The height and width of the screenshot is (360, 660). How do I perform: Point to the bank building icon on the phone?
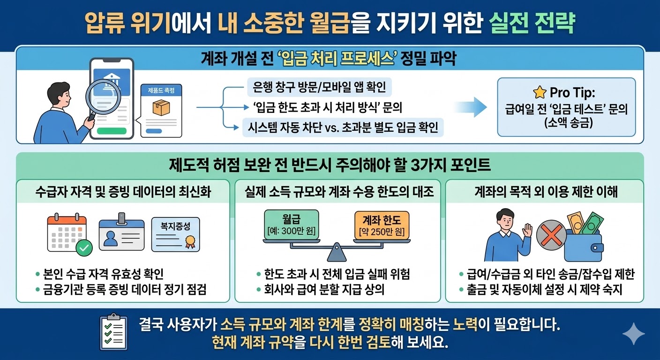tap(112, 77)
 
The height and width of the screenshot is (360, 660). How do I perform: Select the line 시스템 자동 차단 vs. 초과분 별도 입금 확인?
tap(343, 127)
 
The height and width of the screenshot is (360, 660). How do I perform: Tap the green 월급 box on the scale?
tap(291, 225)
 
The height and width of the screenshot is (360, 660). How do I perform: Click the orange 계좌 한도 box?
tap(382, 225)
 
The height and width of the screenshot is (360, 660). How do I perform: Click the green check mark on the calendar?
tap(84, 247)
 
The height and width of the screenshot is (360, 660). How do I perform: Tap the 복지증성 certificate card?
tap(176, 234)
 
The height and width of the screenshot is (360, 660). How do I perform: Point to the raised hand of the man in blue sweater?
tap(528, 231)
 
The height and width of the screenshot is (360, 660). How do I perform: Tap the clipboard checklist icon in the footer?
tap(113, 329)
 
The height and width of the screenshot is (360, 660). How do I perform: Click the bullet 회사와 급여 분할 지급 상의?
tap(323, 290)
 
